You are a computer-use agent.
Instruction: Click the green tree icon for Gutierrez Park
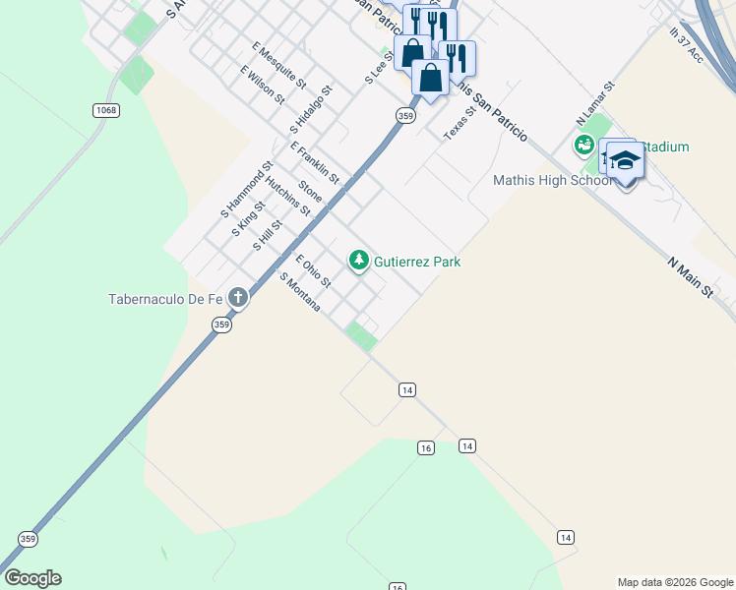coord(359,261)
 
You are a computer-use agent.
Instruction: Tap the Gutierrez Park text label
coord(418,262)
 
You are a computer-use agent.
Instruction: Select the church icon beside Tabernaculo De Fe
coord(237,297)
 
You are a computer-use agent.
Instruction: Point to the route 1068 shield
coord(106,110)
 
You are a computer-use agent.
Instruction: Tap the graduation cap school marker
coord(625,160)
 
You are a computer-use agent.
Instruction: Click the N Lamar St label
coord(595,102)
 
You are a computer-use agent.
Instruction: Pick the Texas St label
coord(460,123)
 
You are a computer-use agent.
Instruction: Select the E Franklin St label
coord(315,162)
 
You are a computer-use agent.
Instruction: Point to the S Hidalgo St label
coord(311,109)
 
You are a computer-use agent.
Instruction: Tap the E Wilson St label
coord(262,86)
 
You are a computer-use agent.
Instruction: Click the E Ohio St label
coord(313,270)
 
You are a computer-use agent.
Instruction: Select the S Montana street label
coord(300,293)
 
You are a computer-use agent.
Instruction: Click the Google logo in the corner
coord(32,578)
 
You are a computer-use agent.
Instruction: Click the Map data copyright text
coord(675,582)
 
